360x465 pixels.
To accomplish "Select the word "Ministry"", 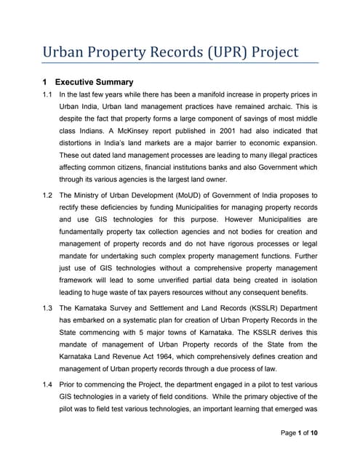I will tap(89, 195).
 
